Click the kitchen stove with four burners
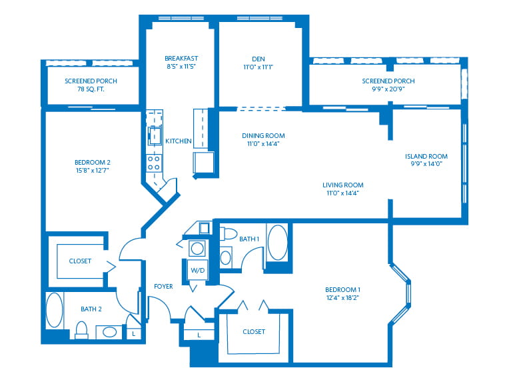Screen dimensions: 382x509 pos(153,163)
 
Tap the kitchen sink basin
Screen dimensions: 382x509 pos(153,133)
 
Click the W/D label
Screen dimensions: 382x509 pos(197,271)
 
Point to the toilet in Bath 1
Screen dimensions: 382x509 pos(229,234)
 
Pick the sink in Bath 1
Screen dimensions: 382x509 pos(226,257)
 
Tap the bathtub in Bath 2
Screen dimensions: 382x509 pos(54,310)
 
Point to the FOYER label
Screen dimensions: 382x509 pos(163,287)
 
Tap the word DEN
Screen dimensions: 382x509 pos(258,58)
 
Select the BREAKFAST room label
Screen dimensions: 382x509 pos(180,58)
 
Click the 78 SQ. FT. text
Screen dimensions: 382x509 pos(91,89)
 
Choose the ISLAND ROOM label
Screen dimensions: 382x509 pos(426,157)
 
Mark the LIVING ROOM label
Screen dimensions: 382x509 pos(342,185)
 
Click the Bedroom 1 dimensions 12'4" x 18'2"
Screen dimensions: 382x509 pos(342,297)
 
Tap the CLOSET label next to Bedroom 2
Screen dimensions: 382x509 pos(80,261)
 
